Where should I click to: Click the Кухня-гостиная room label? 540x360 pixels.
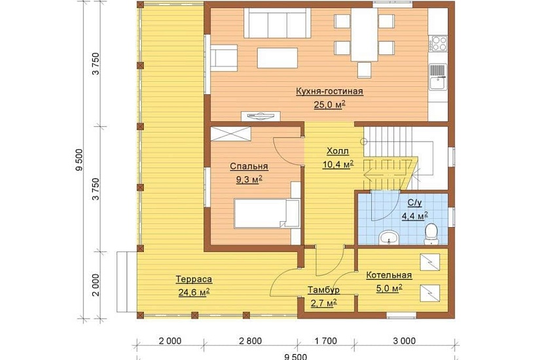click(330, 91)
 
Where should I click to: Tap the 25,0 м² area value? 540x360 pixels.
click(330, 105)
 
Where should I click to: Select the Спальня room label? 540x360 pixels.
click(249, 166)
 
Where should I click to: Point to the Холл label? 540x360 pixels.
click(338, 151)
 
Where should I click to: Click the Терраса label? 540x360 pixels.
click(194, 279)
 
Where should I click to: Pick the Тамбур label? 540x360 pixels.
click(324, 290)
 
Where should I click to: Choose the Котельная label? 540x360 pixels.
click(389, 276)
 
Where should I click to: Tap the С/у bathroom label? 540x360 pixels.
click(414, 203)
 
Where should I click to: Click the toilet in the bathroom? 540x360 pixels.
click(431, 234)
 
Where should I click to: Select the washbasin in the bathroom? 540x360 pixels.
click(389, 238)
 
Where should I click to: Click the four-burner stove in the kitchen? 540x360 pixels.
click(438, 44)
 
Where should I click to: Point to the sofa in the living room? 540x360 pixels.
click(278, 23)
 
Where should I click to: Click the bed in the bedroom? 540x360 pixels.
click(266, 213)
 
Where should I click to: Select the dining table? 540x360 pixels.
click(365, 35)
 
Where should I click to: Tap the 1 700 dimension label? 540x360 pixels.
click(325, 341)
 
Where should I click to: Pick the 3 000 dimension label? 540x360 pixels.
click(404, 341)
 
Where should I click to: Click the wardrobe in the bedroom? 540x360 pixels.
click(230, 134)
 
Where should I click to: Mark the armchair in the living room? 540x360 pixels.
click(224, 58)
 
